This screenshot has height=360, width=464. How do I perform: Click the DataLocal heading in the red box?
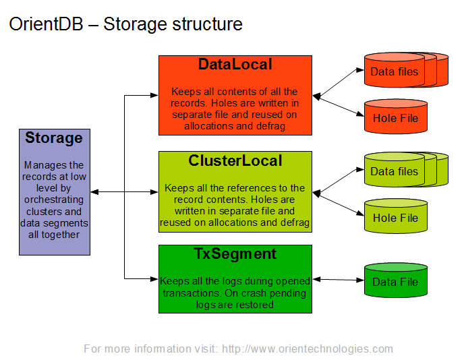coord(235,65)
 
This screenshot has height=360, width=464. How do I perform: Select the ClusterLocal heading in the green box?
coord(235,161)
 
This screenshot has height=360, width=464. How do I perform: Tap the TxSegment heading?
coord(235,254)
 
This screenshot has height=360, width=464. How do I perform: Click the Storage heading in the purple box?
coord(54,138)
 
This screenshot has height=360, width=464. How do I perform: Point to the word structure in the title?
coord(207,25)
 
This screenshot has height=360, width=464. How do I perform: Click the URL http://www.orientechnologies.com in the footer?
coord(308,349)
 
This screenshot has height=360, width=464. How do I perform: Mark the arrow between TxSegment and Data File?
coord(338,279)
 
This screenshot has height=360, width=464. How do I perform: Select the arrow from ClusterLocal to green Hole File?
coord(338,204)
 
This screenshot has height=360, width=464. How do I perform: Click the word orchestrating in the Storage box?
coord(54,200)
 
